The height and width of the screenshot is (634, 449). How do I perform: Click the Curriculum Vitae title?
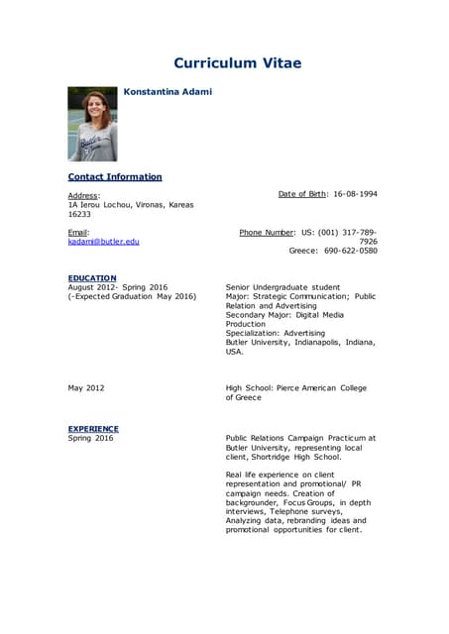click(x=237, y=63)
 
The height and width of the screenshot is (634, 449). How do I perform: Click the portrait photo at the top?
click(x=92, y=124)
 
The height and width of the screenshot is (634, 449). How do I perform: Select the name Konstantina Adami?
click(x=168, y=92)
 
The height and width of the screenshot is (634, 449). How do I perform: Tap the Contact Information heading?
click(x=114, y=176)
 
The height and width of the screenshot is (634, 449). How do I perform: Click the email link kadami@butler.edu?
click(x=103, y=241)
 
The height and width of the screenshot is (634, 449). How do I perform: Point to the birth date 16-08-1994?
click(x=355, y=194)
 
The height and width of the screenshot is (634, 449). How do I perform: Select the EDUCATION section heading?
click(x=92, y=277)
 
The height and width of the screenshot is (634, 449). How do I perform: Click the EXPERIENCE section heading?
click(x=93, y=428)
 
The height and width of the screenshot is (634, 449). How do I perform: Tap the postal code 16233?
click(x=79, y=213)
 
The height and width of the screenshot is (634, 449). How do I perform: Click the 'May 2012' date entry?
click(x=85, y=388)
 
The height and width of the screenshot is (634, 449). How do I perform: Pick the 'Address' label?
click(x=83, y=195)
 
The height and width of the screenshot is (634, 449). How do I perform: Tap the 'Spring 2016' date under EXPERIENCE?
click(x=90, y=437)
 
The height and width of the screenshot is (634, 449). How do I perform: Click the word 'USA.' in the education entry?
click(x=235, y=352)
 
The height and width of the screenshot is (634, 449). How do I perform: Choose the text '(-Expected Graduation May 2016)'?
click(x=132, y=296)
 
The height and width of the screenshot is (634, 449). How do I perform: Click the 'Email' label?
click(x=78, y=232)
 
